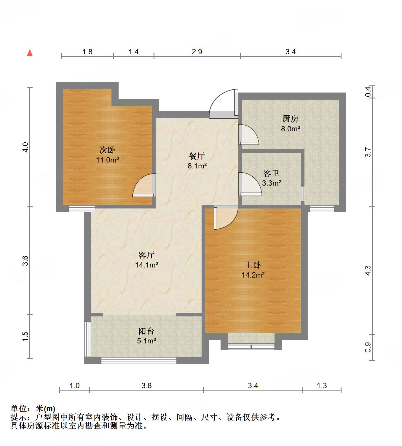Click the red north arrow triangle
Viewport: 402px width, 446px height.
pyautogui.click(x=30, y=53)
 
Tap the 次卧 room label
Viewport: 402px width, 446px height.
pyautogui.click(x=107, y=150)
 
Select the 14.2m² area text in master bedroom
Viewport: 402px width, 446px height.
pyautogui.click(x=253, y=275)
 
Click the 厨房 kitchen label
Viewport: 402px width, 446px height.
pyautogui.click(x=290, y=119)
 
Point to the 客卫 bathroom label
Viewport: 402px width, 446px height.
pyautogui.click(x=271, y=173)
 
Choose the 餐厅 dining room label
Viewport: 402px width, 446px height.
pyautogui.click(x=197, y=156)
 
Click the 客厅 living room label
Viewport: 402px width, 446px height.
pyautogui.click(x=146, y=255)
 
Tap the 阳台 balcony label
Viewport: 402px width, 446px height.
pyautogui.click(x=146, y=331)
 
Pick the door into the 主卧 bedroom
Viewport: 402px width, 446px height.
pyautogui.click(x=225, y=217)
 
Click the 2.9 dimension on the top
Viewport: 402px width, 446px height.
pyautogui.click(x=197, y=52)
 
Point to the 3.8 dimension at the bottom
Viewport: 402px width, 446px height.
pyautogui.click(x=146, y=386)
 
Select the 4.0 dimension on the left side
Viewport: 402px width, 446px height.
pyautogui.click(x=25, y=147)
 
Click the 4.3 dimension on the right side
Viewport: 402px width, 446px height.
pyautogui.click(x=368, y=270)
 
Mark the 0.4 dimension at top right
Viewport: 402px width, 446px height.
pyautogui.click(x=368, y=91)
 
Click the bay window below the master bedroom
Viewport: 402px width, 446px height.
pyautogui.click(x=251, y=346)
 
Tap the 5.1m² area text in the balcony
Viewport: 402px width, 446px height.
pyautogui.click(x=146, y=341)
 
